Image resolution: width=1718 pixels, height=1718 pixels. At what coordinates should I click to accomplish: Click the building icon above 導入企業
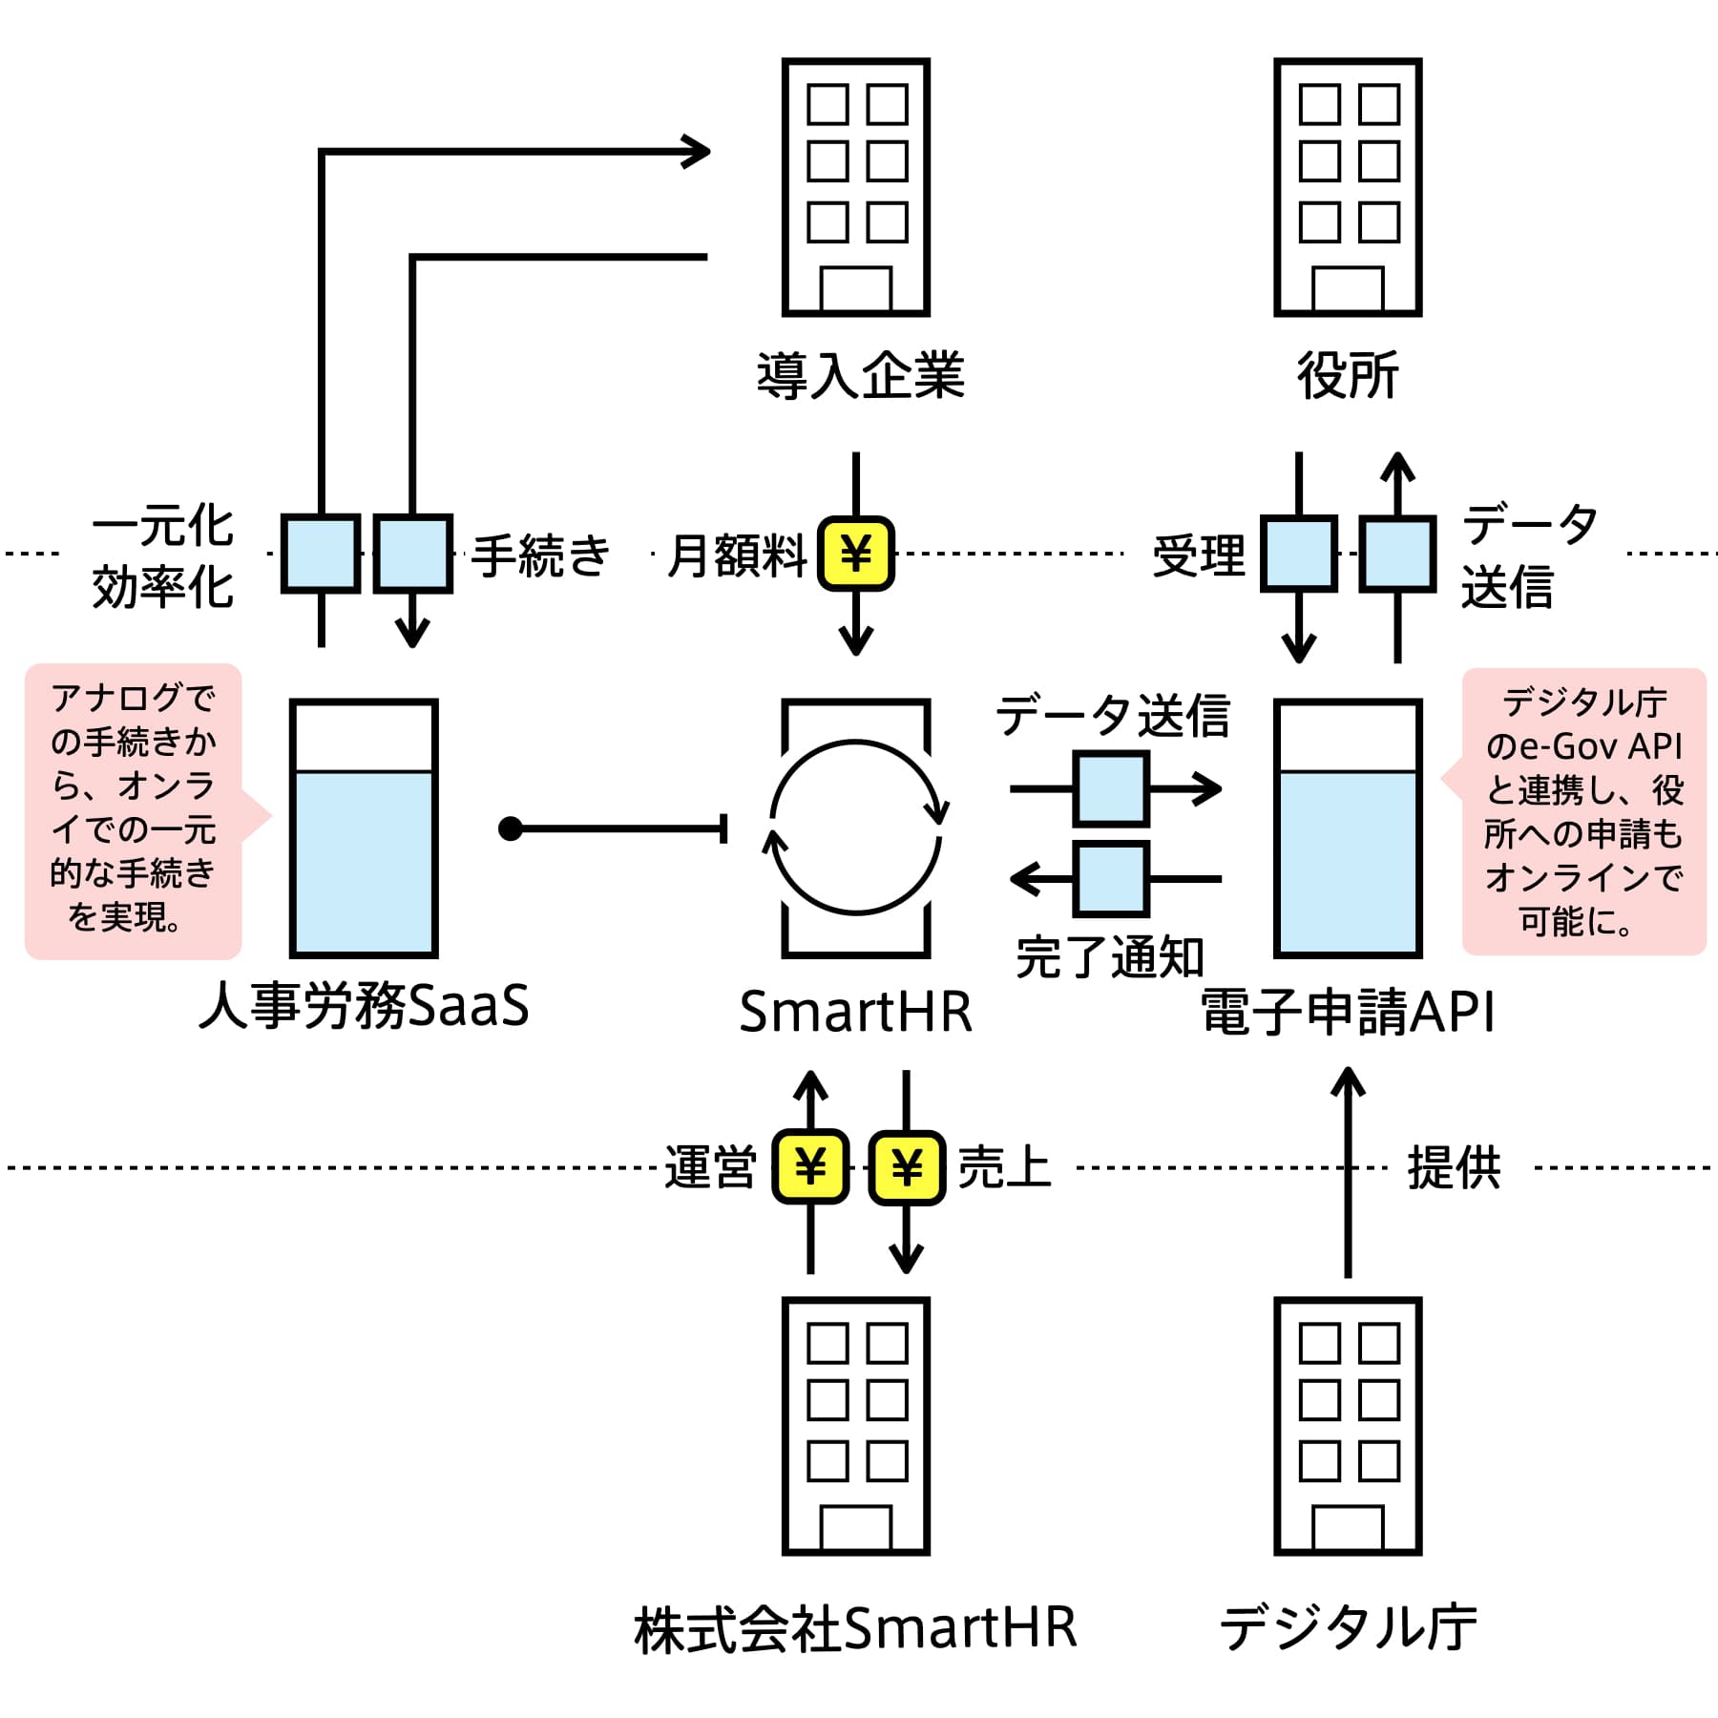pyautogui.click(x=855, y=187)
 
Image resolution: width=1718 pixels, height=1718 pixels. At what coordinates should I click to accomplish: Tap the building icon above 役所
pyautogui.click(x=1348, y=187)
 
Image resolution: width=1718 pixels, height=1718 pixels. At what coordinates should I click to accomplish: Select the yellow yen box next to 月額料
pyautogui.click(x=856, y=554)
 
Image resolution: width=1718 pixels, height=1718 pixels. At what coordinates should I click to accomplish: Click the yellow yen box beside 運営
pyautogui.click(x=810, y=1166)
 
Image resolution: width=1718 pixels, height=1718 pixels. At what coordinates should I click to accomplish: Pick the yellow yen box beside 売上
pyautogui.click(x=907, y=1166)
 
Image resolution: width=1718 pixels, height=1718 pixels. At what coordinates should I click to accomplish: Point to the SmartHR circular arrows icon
pyautogui.click(x=855, y=828)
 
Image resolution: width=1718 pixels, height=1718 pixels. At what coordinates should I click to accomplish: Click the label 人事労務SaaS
pyautogui.click(x=364, y=1006)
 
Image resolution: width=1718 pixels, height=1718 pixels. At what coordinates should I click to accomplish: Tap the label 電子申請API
pyautogui.click(x=1348, y=1012)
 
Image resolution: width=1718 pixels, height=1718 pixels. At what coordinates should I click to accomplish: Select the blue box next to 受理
pyautogui.click(x=1299, y=554)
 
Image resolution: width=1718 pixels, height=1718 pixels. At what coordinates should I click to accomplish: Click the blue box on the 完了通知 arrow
pyautogui.click(x=1111, y=878)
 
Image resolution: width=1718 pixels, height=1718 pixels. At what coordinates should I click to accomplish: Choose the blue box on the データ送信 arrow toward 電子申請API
pyautogui.click(x=1111, y=789)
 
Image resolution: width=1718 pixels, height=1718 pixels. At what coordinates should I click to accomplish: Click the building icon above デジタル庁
pyautogui.click(x=1348, y=1426)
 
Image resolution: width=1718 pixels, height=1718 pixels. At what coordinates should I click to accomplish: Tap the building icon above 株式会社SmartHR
pyautogui.click(x=855, y=1426)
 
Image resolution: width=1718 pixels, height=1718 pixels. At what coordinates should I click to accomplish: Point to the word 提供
pyautogui.click(x=1454, y=1167)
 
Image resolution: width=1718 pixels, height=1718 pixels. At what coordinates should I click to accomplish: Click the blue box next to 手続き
pyautogui.click(x=412, y=554)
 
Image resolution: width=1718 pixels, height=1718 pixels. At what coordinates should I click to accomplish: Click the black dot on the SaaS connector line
pyautogui.click(x=511, y=828)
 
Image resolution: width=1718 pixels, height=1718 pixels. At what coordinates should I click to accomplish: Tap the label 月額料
pyautogui.click(x=737, y=555)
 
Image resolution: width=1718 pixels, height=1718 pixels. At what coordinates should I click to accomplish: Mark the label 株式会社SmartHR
pyautogui.click(x=855, y=1628)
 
